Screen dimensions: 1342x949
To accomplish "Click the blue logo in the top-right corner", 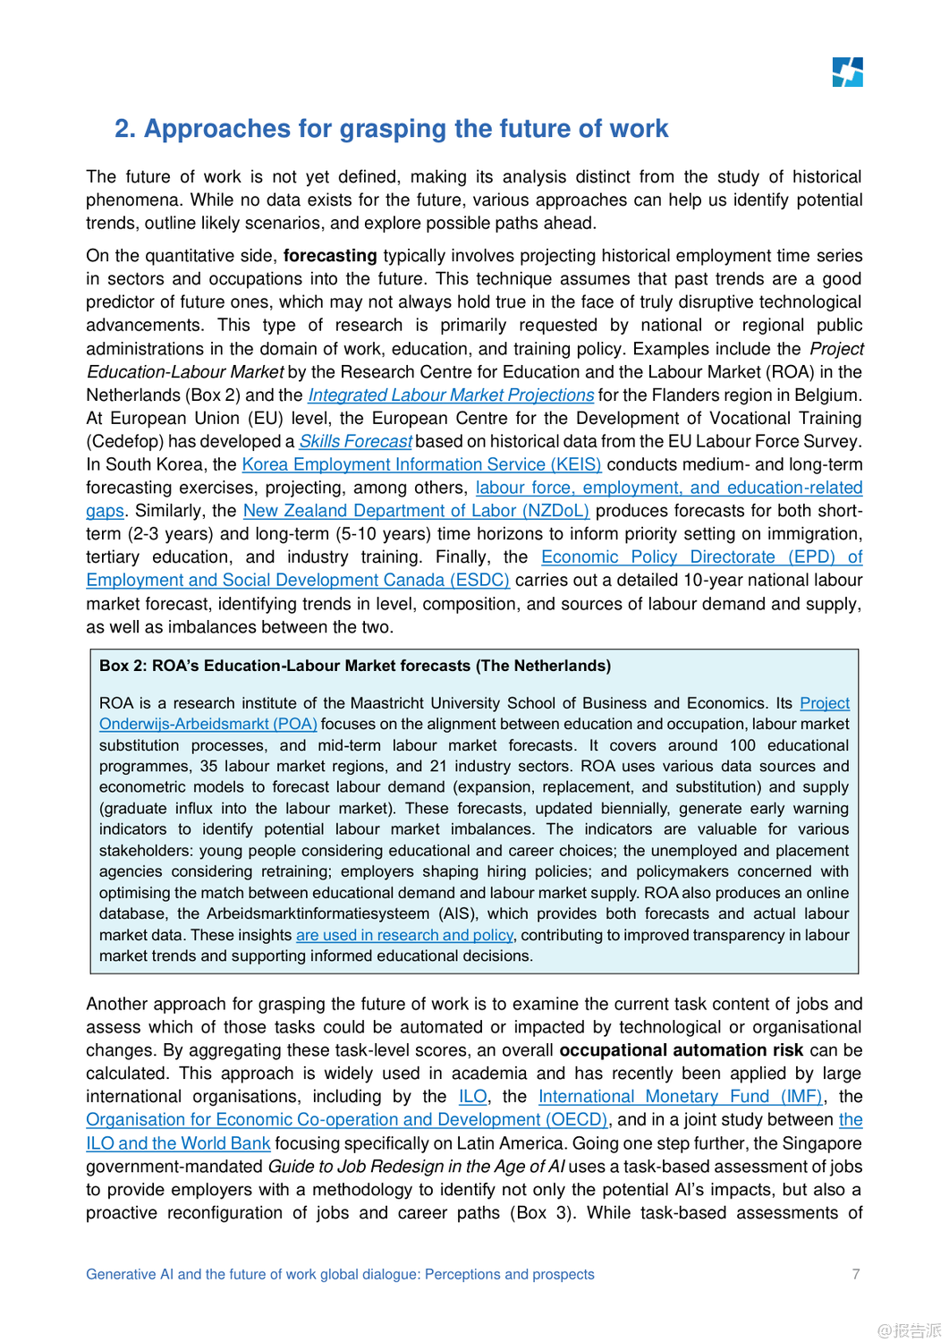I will (x=847, y=72).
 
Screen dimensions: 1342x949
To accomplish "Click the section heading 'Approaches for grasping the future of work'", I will (x=405, y=129).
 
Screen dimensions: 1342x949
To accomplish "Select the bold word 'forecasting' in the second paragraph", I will (x=330, y=256).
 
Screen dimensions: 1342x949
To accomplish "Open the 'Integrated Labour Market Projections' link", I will (x=451, y=395).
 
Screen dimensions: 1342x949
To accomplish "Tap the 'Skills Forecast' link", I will (x=355, y=442).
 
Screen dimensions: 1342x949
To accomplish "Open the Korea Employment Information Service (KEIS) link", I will (x=421, y=465).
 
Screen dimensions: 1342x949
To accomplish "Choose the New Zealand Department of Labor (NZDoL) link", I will (x=416, y=512).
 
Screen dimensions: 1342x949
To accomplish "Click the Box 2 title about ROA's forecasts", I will (x=355, y=667).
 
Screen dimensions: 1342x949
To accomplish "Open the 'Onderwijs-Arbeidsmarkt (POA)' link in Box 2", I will (x=208, y=725).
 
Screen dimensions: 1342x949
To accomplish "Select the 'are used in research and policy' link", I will (x=404, y=936).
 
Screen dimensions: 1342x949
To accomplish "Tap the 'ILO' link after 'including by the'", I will (x=472, y=1097).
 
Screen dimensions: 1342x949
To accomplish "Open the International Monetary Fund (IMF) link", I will (x=680, y=1097).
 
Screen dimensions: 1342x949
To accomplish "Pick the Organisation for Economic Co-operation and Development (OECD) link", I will (x=347, y=1120).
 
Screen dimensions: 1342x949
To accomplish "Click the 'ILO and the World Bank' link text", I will (x=178, y=1143).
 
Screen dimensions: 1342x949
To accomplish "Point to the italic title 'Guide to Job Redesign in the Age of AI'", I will (x=416, y=1167).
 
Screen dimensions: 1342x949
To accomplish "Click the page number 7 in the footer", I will (x=856, y=1274).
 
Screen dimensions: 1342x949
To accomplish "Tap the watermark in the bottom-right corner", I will (x=909, y=1330).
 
